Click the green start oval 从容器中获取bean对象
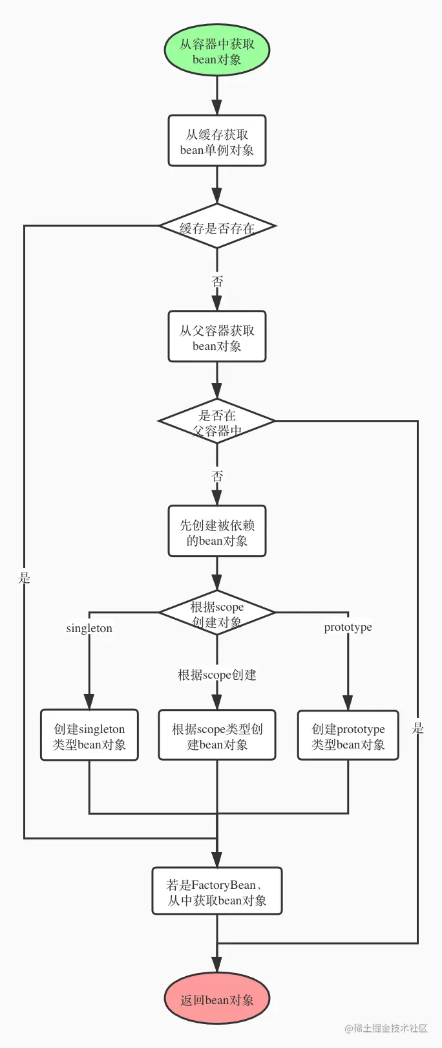[x=216, y=52]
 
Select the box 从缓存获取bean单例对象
[x=216, y=141]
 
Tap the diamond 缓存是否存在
[x=216, y=226]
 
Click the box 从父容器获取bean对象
[x=216, y=336]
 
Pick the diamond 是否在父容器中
[x=216, y=421]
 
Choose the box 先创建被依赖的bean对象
[x=216, y=531]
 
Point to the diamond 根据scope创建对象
[x=216, y=613]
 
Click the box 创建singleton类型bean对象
[x=89, y=735]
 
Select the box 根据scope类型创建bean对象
[x=216, y=735]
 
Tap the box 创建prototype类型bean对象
[x=348, y=735]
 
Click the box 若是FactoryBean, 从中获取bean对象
[x=216, y=891]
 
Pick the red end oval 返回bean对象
[x=216, y=1000]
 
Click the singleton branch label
[x=89, y=628]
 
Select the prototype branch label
[x=348, y=627]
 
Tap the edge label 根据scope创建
[x=216, y=675]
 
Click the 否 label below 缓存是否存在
[x=217, y=281]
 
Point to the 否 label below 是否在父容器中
[x=217, y=476]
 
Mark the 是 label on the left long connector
[x=25, y=578]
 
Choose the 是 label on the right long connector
[x=417, y=728]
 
